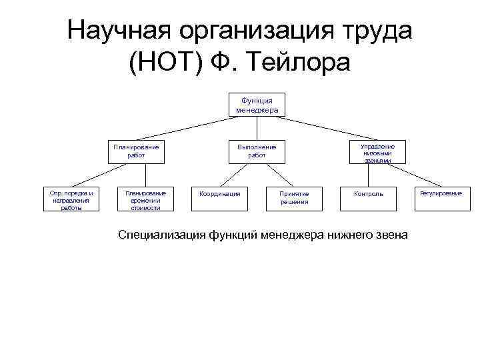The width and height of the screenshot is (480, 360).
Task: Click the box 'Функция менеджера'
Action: (257, 105)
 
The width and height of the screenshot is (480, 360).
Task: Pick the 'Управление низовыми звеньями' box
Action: (377, 151)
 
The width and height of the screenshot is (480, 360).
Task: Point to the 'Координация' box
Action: (219, 194)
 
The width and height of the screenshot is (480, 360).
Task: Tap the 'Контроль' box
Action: (369, 194)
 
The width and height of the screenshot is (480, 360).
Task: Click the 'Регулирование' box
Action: (441, 193)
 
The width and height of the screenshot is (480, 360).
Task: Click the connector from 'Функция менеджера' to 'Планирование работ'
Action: (183, 129)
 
